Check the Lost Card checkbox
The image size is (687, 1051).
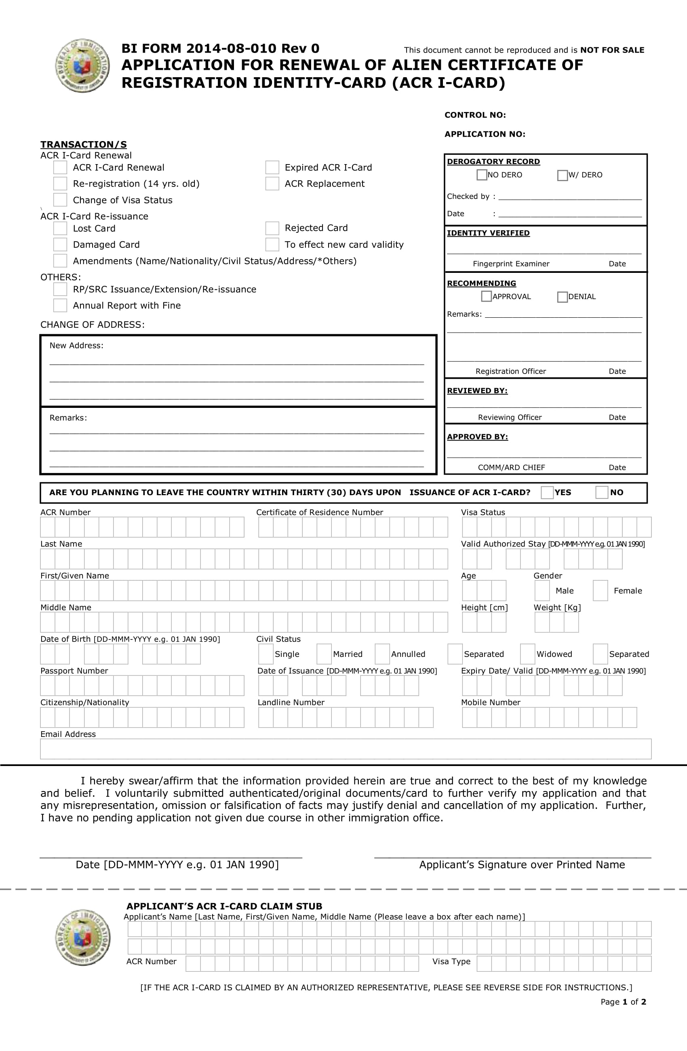[60, 228]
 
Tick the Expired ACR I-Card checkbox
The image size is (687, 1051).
[272, 167]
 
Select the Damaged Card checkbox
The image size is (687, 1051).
[60, 244]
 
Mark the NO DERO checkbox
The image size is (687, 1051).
[482, 175]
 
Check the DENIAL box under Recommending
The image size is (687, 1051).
[563, 297]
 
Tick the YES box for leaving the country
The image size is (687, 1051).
[547, 492]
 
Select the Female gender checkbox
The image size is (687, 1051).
[600, 591]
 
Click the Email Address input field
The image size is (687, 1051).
[345, 749]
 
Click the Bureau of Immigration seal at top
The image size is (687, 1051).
[82, 66]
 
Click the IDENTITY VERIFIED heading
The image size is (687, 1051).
[488, 233]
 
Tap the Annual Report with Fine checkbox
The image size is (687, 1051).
[60, 305]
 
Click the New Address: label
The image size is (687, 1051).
[76, 345]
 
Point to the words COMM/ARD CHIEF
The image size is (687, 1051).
[511, 467]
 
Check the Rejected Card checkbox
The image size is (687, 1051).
[272, 228]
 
